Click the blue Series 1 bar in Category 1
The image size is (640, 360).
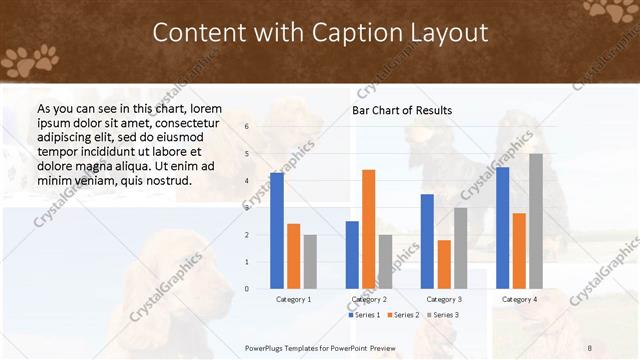click(276, 231)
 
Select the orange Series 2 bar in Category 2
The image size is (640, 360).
click(368, 229)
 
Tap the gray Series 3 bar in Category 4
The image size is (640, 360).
click(536, 221)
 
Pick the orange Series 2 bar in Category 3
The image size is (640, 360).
click(443, 264)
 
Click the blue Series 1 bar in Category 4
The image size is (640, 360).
click(502, 228)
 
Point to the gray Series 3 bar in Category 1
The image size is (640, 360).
click(310, 262)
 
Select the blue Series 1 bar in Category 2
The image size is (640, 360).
click(352, 255)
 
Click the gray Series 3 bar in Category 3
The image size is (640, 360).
click(460, 248)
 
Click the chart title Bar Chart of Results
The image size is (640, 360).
click(402, 110)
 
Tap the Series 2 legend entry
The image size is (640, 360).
click(403, 315)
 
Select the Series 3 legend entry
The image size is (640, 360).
click(443, 315)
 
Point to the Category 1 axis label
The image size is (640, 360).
click(293, 299)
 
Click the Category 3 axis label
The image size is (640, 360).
click(443, 299)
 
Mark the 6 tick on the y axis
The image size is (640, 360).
click(246, 127)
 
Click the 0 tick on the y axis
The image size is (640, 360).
click(246, 289)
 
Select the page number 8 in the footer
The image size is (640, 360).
click(590, 347)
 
